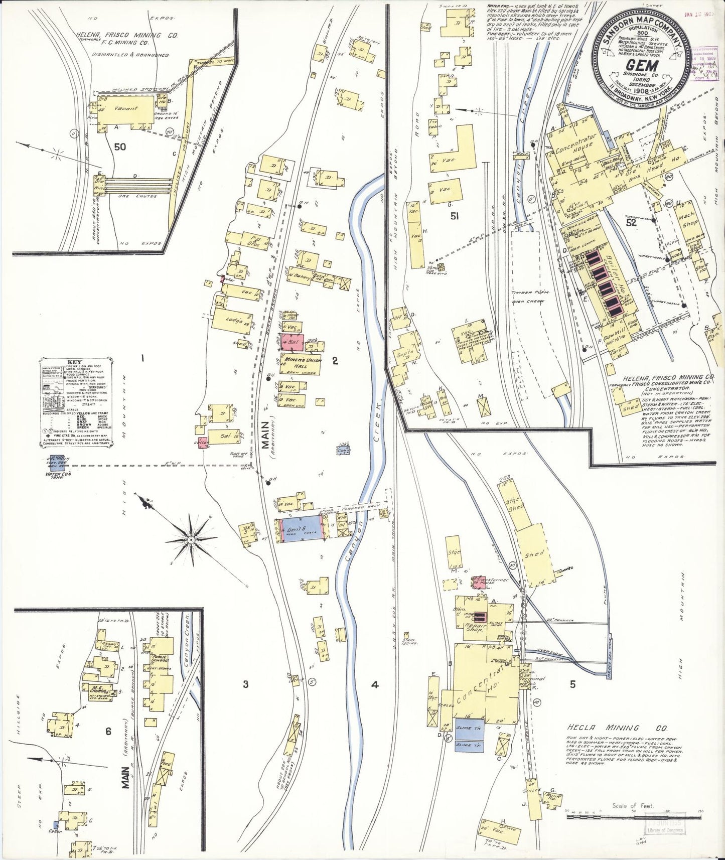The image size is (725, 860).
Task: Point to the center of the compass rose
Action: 191,539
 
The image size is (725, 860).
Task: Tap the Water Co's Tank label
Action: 59,476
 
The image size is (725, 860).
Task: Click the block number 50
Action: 120,147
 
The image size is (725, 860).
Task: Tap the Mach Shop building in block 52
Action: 690,219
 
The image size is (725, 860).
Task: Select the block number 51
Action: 455,216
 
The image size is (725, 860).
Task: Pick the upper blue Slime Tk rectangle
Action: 470,726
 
